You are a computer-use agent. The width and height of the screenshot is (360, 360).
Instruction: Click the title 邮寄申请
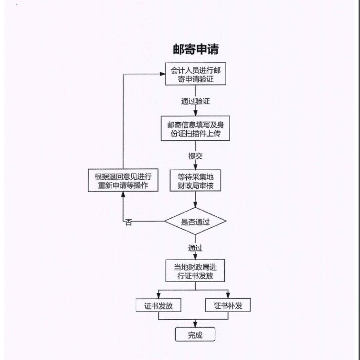coord(195,49)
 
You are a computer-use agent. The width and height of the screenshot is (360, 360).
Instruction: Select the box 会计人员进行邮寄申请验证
coord(195,74)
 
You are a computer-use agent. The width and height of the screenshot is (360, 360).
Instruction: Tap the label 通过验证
coord(195,101)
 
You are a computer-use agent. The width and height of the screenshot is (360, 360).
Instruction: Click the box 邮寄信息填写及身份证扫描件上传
coord(195,128)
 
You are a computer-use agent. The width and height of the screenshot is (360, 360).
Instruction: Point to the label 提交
coord(195,156)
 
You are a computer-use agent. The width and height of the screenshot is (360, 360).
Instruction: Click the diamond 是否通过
coord(195,221)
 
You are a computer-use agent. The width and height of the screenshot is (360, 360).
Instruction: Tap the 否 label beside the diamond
coord(129,222)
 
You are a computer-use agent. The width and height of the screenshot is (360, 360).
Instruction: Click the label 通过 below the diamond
coord(195,248)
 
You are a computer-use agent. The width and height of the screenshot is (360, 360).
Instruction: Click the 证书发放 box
coord(159,305)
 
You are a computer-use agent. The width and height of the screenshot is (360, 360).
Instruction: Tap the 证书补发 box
coord(228,305)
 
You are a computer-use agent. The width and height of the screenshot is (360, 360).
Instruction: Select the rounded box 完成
coord(195,335)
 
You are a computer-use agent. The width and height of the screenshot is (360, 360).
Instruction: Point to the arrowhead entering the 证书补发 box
coord(228,296)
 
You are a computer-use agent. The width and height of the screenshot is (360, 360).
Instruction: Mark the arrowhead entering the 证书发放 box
coord(159,296)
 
